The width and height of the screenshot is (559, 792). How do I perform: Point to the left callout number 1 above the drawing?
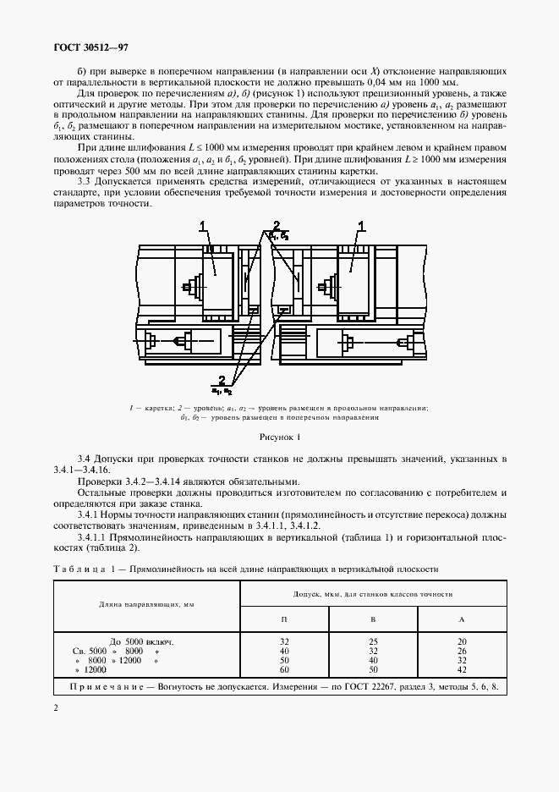pyautogui.click(x=204, y=225)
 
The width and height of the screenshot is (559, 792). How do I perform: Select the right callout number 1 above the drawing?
pyautogui.click(x=362, y=225)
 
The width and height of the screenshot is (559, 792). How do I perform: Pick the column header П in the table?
pyautogui.click(x=284, y=619)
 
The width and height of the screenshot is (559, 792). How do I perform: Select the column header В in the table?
pyautogui.click(x=373, y=619)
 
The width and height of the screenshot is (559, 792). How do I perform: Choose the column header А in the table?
pyautogui.click(x=462, y=619)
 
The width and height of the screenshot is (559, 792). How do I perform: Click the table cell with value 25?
pyautogui.click(x=373, y=642)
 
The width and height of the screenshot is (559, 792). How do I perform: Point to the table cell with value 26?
pyautogui.click(x=462, y=651)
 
